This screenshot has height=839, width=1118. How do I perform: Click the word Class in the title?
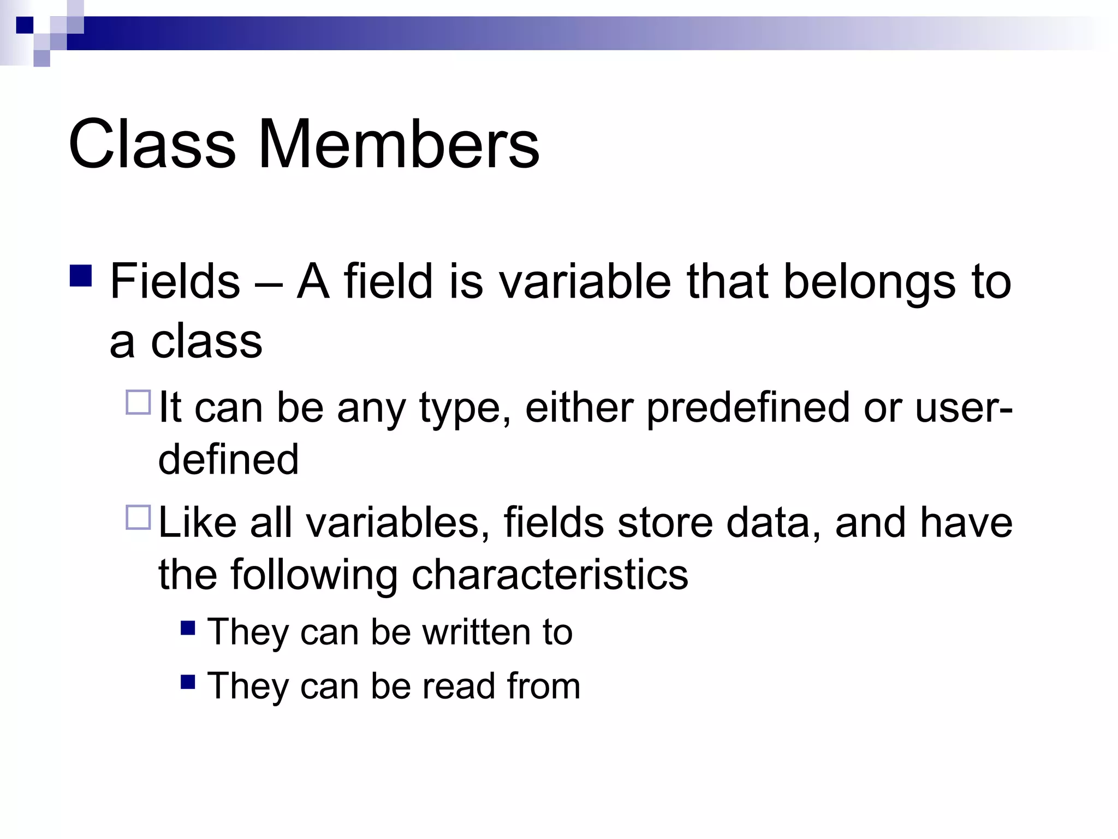click(x=152, y=144)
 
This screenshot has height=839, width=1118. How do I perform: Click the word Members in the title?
click(x=399, y=144)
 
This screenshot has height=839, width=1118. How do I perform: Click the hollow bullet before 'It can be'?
click(x=138, y=403)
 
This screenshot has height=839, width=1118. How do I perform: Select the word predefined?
click(x=748, y=407)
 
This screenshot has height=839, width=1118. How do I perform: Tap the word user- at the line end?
click(x=964, y=407)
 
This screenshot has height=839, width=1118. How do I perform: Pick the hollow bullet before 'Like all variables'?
click(x=138, y=517)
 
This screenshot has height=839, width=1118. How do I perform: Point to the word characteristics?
click(x=550, y=575)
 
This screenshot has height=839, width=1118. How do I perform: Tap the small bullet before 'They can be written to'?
click(x=188, y=628)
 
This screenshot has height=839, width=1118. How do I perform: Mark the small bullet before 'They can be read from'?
click(x=188, y=682)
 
